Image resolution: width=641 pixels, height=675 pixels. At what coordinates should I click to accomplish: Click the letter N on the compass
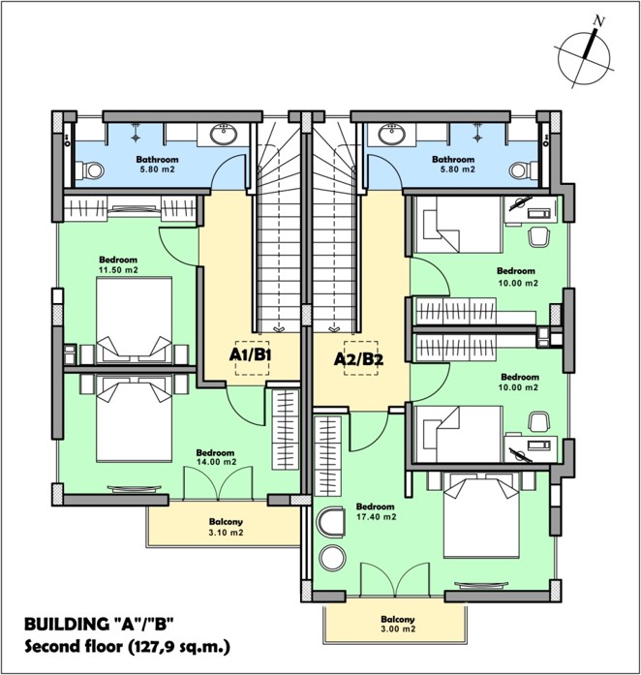598,19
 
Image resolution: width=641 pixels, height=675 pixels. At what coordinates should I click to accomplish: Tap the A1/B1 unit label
251,354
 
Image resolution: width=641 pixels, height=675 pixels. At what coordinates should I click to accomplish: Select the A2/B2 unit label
358,359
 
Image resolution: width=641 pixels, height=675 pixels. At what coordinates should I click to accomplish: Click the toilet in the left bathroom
89,170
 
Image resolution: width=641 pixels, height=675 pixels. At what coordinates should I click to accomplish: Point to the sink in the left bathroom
224,134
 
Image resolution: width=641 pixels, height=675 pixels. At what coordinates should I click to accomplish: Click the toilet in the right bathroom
523,170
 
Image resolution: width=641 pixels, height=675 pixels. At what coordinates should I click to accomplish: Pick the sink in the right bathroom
391,134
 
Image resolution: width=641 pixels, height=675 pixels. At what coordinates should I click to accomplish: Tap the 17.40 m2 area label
376,516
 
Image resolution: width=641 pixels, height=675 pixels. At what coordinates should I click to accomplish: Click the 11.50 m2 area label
118,270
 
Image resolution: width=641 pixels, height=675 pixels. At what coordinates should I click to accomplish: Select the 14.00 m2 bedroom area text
217,462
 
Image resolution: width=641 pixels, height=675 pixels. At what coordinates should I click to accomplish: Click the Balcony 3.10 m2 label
226,527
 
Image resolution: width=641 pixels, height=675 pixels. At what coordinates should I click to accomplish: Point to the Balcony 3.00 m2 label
398,625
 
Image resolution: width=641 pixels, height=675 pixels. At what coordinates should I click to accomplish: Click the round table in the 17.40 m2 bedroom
332,559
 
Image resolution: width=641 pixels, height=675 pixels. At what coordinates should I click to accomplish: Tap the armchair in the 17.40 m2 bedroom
330,522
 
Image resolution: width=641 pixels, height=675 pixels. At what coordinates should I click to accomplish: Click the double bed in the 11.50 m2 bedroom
135,320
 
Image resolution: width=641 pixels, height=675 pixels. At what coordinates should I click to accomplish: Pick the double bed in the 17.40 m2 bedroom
481,515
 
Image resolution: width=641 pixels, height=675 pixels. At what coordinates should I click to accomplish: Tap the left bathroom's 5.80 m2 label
157,169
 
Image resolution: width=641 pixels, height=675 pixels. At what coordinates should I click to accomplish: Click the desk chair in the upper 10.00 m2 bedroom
539,236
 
